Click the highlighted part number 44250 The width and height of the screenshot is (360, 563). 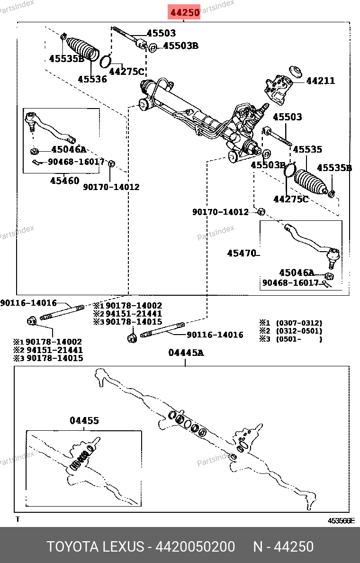(185, 12)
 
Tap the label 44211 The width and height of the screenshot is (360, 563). (320, 81)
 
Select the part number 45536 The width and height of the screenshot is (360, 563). (92, 80)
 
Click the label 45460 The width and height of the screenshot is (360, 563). (65, 181)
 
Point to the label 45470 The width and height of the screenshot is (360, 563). (242, 254)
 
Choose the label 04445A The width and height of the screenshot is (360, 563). (186, 353)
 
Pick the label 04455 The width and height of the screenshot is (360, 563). (84, 420)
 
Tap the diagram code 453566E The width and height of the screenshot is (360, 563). (341, 520)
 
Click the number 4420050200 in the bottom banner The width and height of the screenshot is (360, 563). (195, 546)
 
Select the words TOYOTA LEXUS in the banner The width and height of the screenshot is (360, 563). (95, 546)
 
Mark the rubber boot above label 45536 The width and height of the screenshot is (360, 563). (82, 49)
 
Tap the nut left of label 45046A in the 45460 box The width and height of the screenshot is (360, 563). (35, 151)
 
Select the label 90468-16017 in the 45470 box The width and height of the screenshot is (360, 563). (290, 283)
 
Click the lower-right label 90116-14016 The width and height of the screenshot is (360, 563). (215, 335)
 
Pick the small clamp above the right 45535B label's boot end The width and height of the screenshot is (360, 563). (332, 192)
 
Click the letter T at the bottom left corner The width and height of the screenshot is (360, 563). (18, 519)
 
